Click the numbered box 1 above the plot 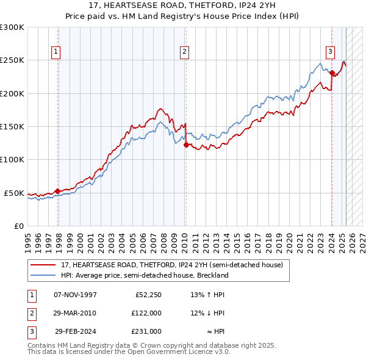[x=56, y=52]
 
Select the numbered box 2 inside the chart [x=184, y=52]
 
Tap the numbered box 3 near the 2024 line [x=329, y=52]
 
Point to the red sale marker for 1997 [x=58, y=191]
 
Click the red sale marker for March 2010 [x=186, y=145]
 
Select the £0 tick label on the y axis [x=18, y=226]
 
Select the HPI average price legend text [x=145, y=275]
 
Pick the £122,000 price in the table [x=146, y=313]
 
